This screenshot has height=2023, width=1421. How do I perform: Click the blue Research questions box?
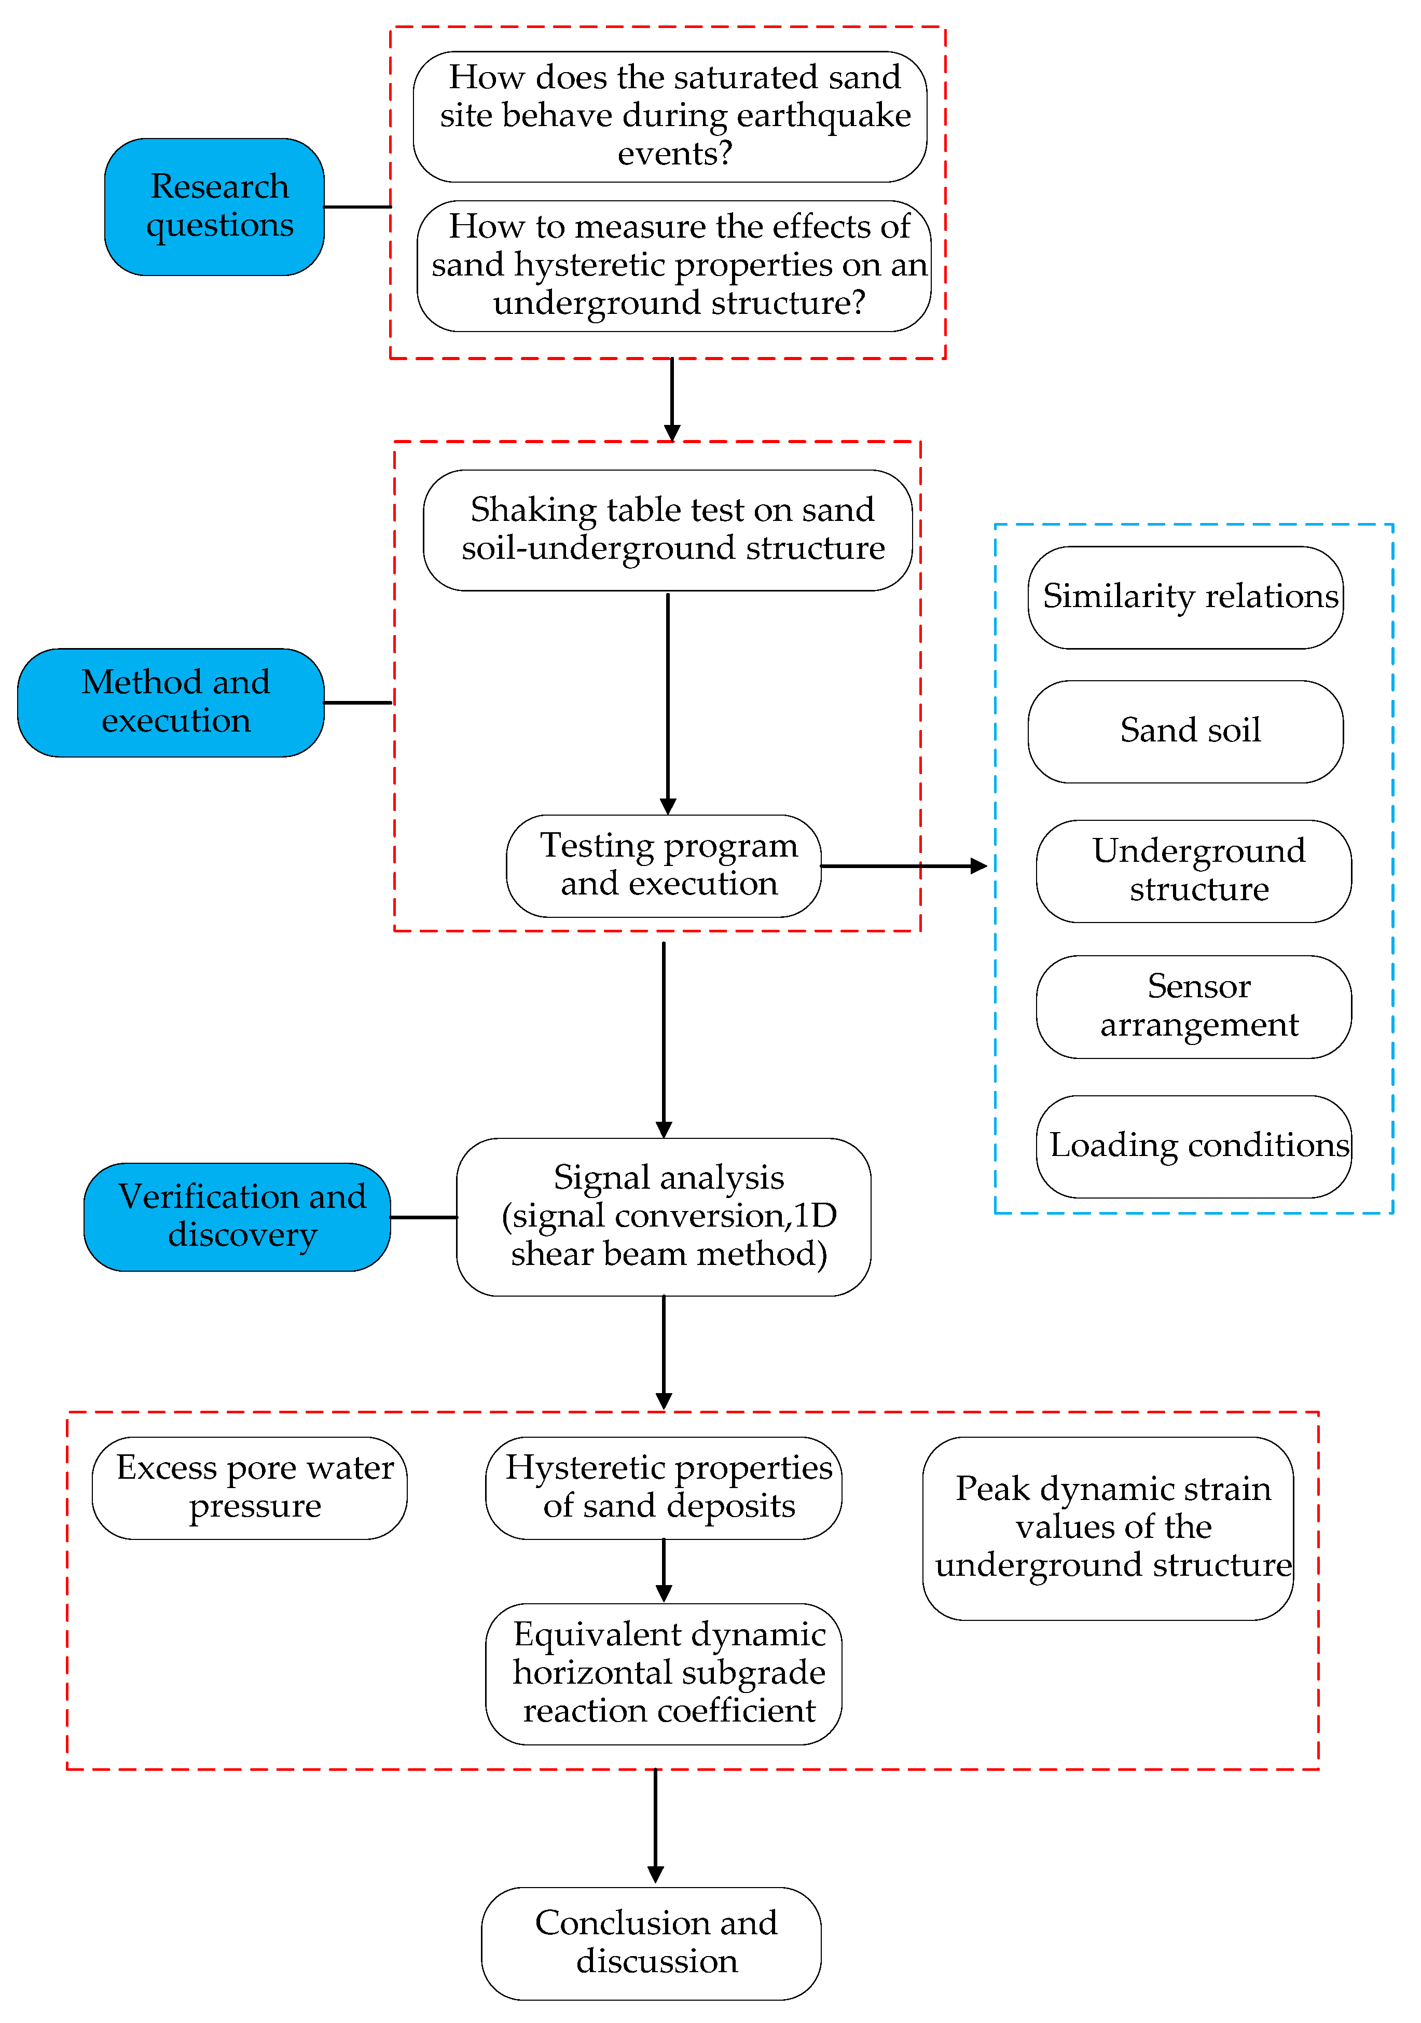point(214,206)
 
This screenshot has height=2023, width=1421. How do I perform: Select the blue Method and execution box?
point(171,701)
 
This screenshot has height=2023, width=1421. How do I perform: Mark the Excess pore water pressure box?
point(250,1488)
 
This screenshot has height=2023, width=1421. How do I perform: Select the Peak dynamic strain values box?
point(1107,1527)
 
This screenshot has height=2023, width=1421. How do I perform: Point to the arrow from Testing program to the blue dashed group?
point(903,865)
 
